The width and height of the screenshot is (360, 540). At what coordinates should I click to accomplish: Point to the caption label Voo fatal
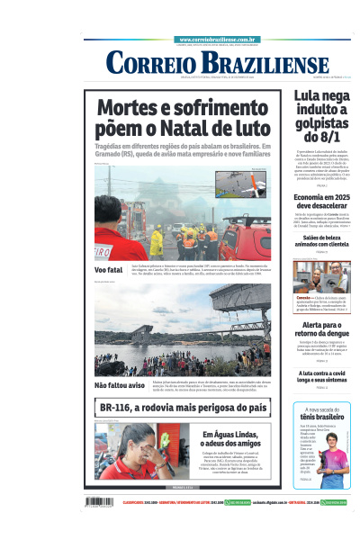pos(108,270)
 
